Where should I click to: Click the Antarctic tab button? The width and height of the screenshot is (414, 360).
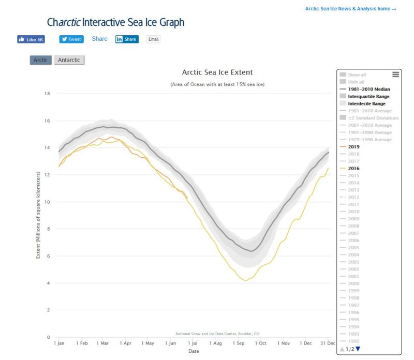(x=69, y=60)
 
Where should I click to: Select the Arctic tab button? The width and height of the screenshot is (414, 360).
(x=40, y=60)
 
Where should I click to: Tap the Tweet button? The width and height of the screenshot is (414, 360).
(x=71, y=39)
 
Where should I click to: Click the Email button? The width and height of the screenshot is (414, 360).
(x=153, y=39)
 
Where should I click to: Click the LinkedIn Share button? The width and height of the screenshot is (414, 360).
(x=127, y=39)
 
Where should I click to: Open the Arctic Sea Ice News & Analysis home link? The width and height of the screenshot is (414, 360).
(x=350, y=9)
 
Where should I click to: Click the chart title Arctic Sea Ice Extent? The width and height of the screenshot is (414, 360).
(x=217, y=72)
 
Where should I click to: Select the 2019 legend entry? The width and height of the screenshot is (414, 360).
(x=354, y=147)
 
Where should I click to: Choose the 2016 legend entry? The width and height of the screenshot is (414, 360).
(x=354, y=169)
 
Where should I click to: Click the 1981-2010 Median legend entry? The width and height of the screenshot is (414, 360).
(x=368, y=89)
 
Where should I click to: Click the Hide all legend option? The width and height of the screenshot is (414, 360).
(x=357, y=82)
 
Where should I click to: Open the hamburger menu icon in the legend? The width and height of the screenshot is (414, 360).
(x=396, y=74)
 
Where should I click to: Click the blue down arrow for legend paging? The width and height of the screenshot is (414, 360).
(x=358, y=349)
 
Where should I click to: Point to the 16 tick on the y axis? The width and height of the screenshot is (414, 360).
(x=47, y=121)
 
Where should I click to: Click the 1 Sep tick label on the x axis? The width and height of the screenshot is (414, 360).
(x=239, y=343)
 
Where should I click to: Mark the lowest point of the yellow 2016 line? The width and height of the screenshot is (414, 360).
(x=244, y=281)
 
